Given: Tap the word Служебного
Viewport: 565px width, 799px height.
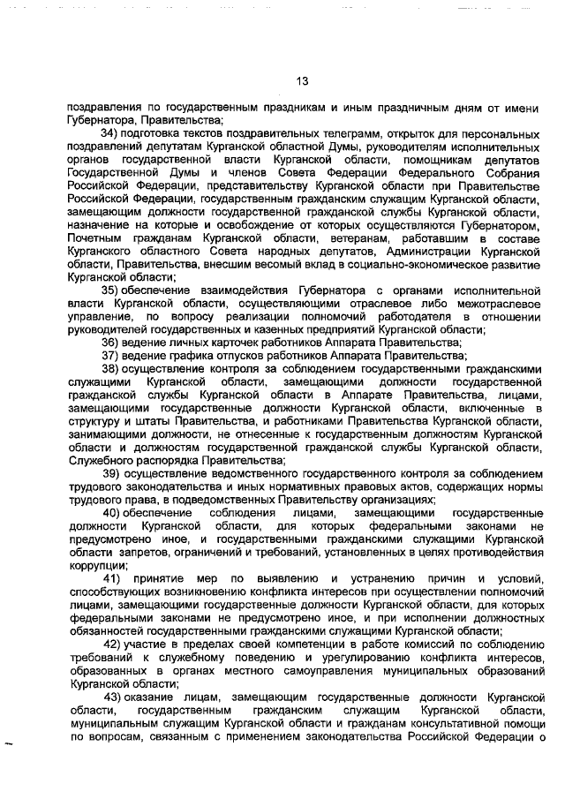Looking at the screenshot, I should tap(99, 460).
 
